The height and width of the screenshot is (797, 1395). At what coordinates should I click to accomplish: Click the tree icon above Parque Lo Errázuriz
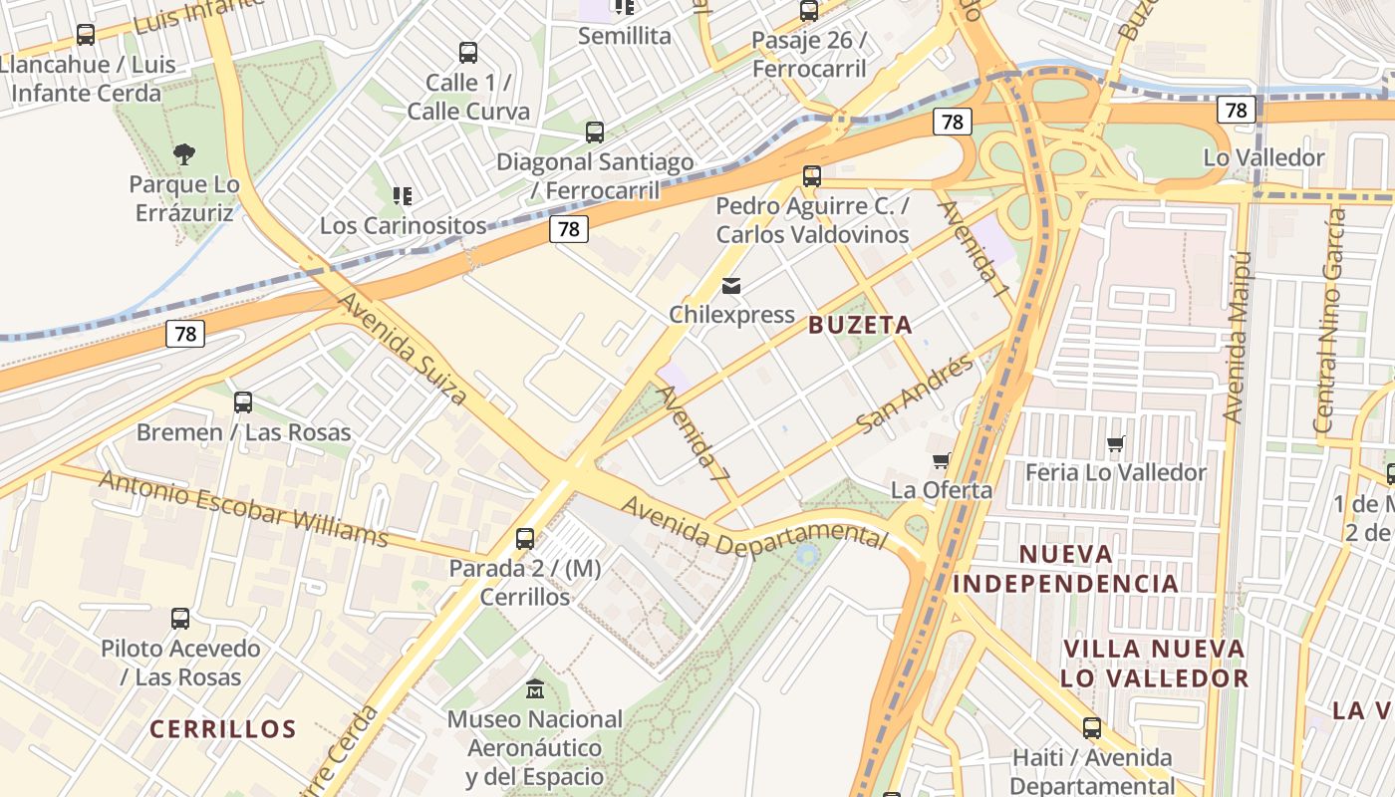click(x=183, y=153)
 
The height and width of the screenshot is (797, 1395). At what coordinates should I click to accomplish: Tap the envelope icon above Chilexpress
click(x=731, y=286)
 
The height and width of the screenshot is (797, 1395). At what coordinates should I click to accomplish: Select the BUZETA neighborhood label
click(x=860, y=325)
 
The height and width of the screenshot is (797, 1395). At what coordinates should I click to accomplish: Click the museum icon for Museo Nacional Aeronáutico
click(x=535, y=688)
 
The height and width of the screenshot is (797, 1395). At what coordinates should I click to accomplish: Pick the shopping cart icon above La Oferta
click(x=941, y=460)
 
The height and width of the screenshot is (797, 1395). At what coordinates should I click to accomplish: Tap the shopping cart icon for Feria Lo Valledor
click(x=1115, y=443)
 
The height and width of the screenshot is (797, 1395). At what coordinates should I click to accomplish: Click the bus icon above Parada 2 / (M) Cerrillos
click(x=525, y=539)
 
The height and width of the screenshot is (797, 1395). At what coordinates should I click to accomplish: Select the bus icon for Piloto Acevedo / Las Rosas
click(x=180, y=618)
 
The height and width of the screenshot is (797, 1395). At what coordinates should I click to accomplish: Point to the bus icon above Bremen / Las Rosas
click(x=243, y=402)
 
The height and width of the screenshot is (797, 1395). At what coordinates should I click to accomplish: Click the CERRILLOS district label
click(x=223, y=728)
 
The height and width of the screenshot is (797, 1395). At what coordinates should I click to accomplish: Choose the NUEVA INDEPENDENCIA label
click(x=1065, y=568)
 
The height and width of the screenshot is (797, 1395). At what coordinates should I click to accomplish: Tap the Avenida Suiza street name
click(x=403, y=348)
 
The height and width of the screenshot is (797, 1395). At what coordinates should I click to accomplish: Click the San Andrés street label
click(x=915, y=394)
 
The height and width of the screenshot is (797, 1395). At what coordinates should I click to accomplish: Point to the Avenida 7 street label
click(x=694, y=434)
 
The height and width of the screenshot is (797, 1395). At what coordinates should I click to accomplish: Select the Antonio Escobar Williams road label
click(x=244, y=509)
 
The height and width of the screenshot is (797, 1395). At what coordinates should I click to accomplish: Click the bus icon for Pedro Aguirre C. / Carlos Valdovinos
click(x=812, y=176)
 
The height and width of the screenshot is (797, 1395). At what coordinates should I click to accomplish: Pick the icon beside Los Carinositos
click(x=403, y=195)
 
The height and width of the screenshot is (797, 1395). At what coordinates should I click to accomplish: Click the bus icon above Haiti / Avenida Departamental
click(x=1092, y=728)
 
